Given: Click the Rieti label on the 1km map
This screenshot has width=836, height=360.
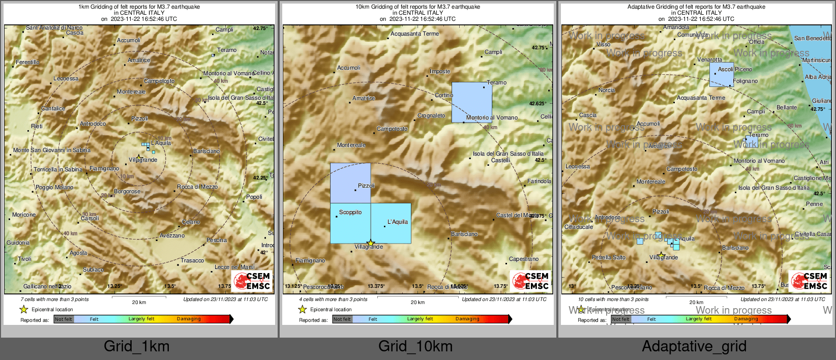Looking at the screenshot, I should [x=37, y=126].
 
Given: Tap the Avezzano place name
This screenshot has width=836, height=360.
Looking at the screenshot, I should [x=172, y=235].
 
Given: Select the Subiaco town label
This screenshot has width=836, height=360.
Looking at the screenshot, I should [x=93, y=269].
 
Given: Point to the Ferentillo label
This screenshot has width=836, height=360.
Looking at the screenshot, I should [x=27, y=62].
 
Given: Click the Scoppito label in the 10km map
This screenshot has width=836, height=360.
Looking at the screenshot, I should [x=350, y=212].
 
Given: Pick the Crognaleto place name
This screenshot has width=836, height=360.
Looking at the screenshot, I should [x=431, y=115].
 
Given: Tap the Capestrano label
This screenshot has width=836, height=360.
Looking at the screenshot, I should [x=523, y=259].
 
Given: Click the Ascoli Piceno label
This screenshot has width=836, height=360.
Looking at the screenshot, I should [x=735, y=69].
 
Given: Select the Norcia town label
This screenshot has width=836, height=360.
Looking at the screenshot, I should [x=607, y=90].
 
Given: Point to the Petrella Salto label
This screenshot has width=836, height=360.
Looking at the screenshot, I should [x=609, y=257].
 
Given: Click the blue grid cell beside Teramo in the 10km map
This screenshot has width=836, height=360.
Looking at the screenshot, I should [x=471, y=102].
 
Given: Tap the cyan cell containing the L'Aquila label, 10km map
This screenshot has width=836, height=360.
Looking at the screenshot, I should [x=391, y=224].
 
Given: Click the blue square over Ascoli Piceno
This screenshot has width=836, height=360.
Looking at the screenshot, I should [x=722, y=75].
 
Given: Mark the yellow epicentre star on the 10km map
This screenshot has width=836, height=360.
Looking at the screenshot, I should [x=371, y=243].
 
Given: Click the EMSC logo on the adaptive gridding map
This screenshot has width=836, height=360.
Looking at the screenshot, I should [x=809, y=281].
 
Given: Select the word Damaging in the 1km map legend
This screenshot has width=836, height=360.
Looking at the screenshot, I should [x=189, y=319].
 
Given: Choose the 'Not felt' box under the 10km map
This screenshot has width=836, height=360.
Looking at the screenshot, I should [x=342, y=319].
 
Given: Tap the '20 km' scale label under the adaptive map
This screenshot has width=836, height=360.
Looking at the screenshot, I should [x=696, y=302].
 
